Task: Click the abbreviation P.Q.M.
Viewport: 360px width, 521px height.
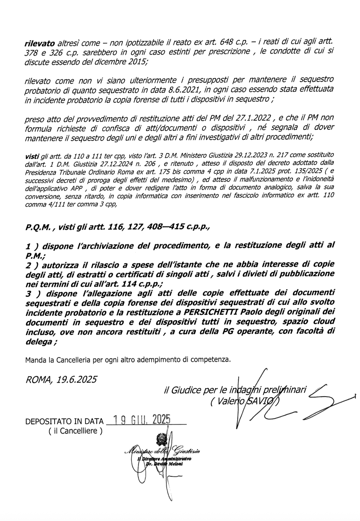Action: pos(39,228)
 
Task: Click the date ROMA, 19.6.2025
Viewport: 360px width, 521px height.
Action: pos(61,379)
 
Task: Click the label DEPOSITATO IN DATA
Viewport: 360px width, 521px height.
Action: pos(65,421)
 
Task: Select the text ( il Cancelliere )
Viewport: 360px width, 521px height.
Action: pos(75,431)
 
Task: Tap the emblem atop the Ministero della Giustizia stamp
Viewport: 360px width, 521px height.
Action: pos(161,439)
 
